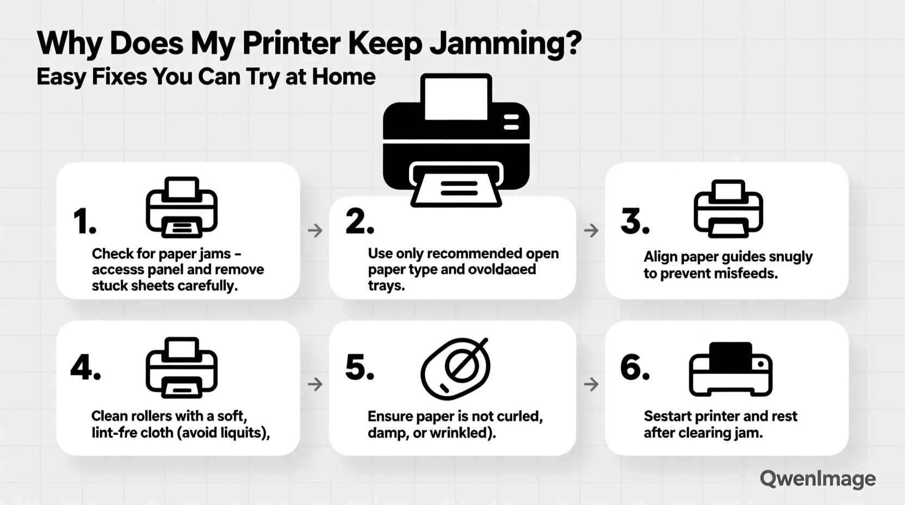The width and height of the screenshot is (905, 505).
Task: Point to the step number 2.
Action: (x=359, y=222)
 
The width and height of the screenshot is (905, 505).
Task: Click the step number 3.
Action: (x=635, y=222)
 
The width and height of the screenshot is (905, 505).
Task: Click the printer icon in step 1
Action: (x=182, y=207)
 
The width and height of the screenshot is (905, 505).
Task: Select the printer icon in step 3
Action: (x=728, y=209)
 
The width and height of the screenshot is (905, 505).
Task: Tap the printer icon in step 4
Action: (x=182, y=367)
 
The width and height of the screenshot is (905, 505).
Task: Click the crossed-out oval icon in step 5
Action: (x=456, y=368)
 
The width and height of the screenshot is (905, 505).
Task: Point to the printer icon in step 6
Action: (x=730, y=369)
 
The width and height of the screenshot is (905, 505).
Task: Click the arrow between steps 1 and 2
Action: (x=315, y=231)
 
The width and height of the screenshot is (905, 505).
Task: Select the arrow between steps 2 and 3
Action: (x=591, y=231)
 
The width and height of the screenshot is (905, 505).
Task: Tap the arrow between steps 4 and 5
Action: (x=315, y=385)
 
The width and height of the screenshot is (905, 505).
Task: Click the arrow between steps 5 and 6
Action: (x=591, y=385)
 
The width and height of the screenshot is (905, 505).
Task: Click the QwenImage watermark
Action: (x=817, y=479)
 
